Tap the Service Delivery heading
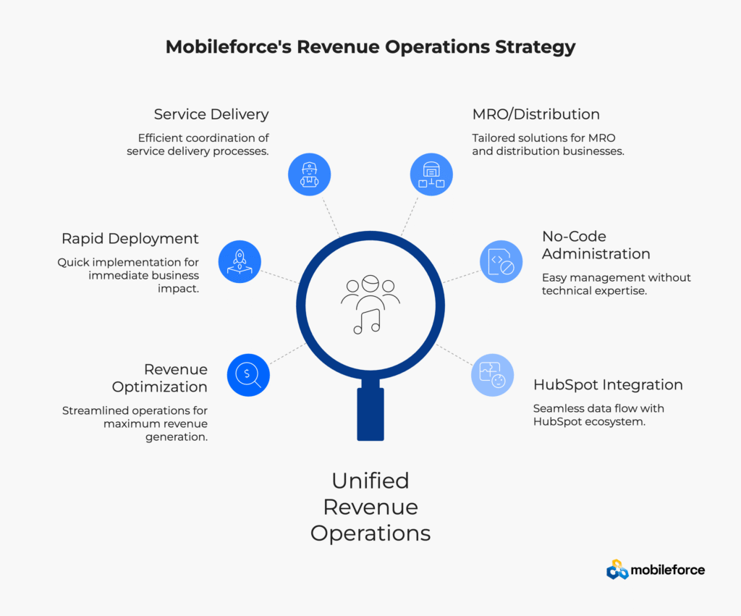(x=211, y=114)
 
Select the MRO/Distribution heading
(x=536, y=114)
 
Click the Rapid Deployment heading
(x=130, y=239)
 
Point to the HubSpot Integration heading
(x=608, y=384)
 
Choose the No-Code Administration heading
(x=596, y=245)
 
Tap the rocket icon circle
(x=239, y=261)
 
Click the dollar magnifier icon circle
(x=248, y=374)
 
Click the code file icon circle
(x=501, y=261)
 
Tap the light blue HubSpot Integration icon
(x=492, y=375)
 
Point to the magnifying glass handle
(x=370, y=413)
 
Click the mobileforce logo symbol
(x=617, y=570)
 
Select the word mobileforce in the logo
(x=667, y=570)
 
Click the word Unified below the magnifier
(x=370, y=481)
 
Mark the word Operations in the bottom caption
(x=370, y=533)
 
